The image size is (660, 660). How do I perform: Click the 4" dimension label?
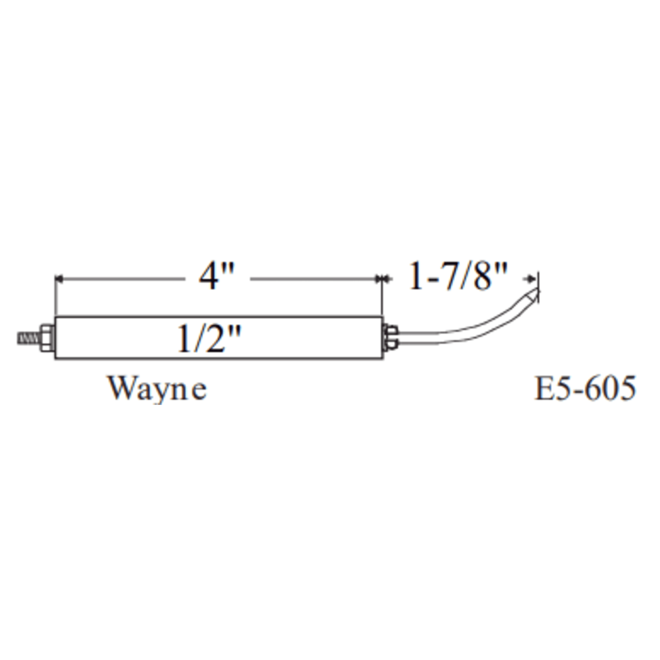pyautogui.click(x=217, y=277)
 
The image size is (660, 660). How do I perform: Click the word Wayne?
pyautogui.click(x=158, y=389)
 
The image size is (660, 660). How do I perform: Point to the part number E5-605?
pyautogui.click(x=585, y=388)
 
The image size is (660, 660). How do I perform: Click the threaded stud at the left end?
pyautogui.click(x=29, y=338)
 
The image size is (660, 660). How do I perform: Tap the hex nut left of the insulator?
pyautogui.click(x=47, y=338)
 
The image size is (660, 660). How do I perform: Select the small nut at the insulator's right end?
pyautogui.click(x=390, y=338)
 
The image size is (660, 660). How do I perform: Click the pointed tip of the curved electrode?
pyautogui.click(x=539, y=290)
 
